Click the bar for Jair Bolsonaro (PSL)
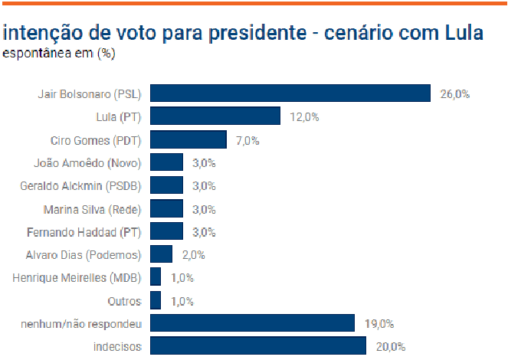click(290, 93)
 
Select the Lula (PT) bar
click(215, 116)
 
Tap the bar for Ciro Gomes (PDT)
click(188, 139)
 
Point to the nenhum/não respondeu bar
click(252, 323)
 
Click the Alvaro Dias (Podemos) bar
click(161, 254)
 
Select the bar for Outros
click(156, 300)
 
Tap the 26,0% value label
click(454, 94)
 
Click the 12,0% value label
click(304, 117)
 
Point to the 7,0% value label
click(247, 140)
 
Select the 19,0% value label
click(379, 324)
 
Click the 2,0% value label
click(193, 255)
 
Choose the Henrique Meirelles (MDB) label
click(77, 277)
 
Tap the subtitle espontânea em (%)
click(58, 54)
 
